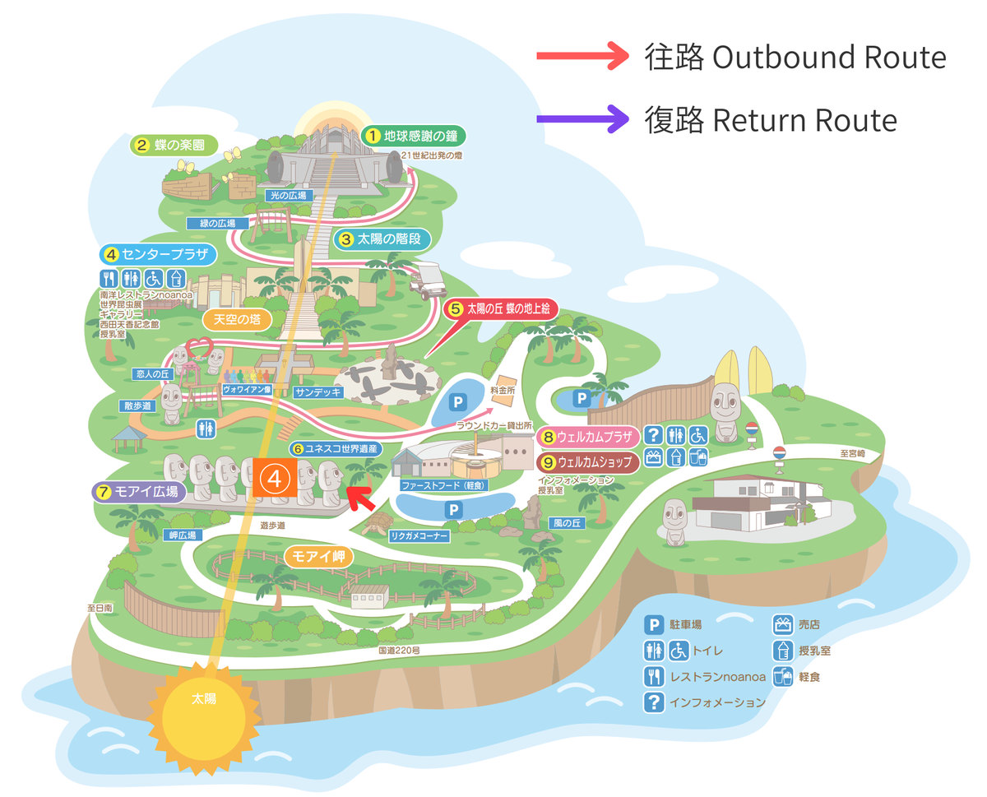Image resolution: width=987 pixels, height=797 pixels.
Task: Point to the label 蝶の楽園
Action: click(x=175, y=146)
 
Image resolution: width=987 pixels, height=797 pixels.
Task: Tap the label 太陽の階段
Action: click(x=382, y=239)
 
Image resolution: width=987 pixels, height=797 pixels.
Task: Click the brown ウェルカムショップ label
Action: click(x=587, y=463)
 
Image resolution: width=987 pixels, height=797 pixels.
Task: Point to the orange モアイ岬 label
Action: click(x=319, y=556)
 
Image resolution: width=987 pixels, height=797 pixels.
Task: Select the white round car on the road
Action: click(x=427, y=280)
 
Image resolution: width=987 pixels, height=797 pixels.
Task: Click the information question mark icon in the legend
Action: click(x=654, y=702)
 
